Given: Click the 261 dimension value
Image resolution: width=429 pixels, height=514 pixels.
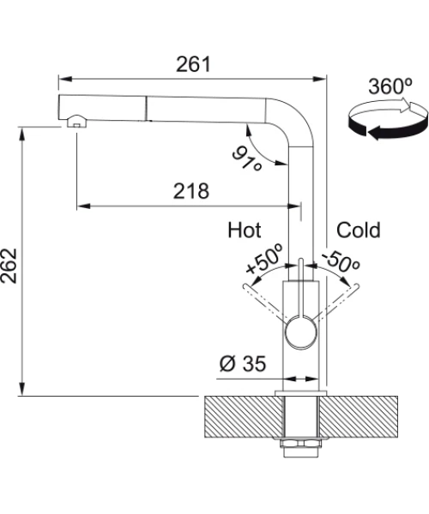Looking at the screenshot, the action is (193, 64).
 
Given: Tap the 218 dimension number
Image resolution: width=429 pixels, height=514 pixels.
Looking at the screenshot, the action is (191, 191).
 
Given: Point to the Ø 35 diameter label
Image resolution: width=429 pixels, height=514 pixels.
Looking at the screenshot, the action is (243, 363).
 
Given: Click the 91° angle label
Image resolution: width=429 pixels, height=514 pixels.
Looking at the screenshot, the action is (248, 158).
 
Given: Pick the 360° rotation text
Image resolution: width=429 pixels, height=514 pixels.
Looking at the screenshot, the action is (390, 87).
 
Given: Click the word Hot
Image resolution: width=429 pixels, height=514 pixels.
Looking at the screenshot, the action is (245, 230).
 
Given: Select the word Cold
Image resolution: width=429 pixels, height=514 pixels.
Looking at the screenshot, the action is (359, 230).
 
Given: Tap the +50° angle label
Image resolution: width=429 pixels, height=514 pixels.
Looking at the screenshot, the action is (264, 259).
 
